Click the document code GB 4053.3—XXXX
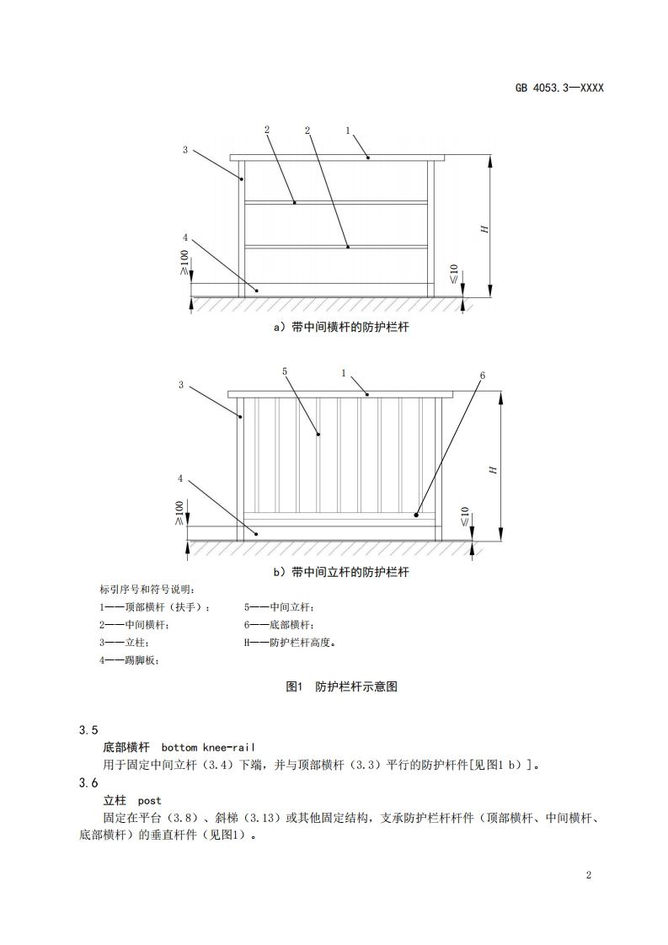pos(559,88)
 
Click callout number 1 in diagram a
pos(348,131)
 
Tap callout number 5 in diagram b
pos(285,371)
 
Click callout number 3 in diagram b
pos(181,385)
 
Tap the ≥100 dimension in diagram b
pos(179,512)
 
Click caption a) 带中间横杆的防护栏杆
pos(341,327)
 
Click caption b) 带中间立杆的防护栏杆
pos(341,572)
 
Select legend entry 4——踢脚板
pos(129,660)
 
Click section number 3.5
pos(88,729)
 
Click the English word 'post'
pos(150,800)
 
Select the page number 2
pos(589,875)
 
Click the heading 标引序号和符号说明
pos(147,589)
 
